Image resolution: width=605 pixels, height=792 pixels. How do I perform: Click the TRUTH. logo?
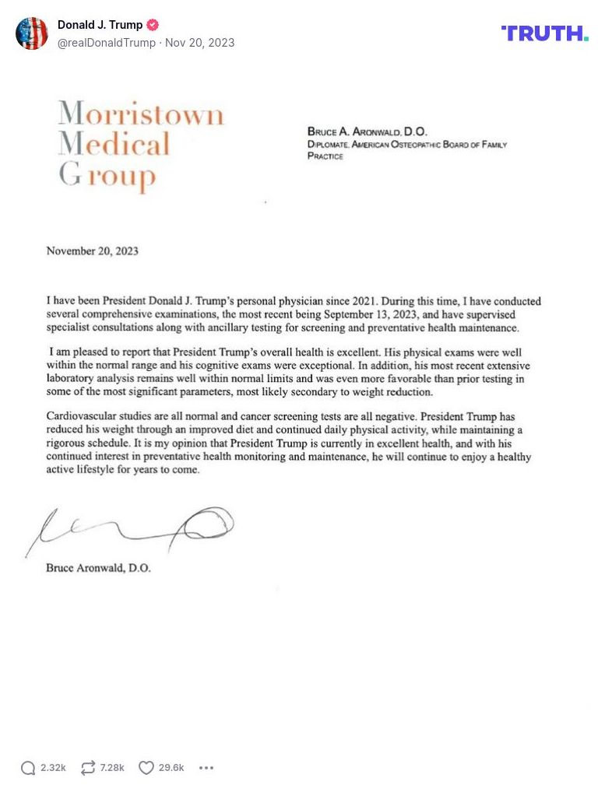pyautogui.click(x=545, y=33)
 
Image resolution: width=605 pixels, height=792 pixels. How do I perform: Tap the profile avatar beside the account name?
pyautogui.click(x=32, y=33)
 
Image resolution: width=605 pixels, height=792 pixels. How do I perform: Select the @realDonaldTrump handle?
pyautogui.click(x=107, y=43)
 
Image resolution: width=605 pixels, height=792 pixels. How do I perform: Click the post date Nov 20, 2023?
pyautogui.click(x=199, y=43)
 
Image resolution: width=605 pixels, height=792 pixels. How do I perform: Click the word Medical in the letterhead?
pyautogui.click(x=114, y=144)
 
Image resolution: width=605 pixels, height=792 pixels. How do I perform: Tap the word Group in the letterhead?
pyautogui.click(x=107, y=176)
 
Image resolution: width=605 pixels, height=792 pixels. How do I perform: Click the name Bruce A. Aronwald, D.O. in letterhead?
pyautogui.click(x=368, y=132)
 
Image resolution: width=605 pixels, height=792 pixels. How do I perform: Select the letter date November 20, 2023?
pyautogui.click(x=93, y=251)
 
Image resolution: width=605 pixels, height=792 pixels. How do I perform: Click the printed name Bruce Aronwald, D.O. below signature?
pyautogui.click(x=99, y=568)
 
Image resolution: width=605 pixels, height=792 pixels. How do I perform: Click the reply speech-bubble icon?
pyautogui.click(x=28, y=768)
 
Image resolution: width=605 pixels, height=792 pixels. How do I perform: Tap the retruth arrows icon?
pyautogui.click(x=88, y=768)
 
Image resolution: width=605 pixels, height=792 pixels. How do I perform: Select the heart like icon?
pyautogui.click(x=146, y=768)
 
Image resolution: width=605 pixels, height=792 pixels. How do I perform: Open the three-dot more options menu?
pyautogui.click(x=206, y=768)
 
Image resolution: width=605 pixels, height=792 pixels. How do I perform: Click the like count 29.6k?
pyautogui.click(x=171, y=768)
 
